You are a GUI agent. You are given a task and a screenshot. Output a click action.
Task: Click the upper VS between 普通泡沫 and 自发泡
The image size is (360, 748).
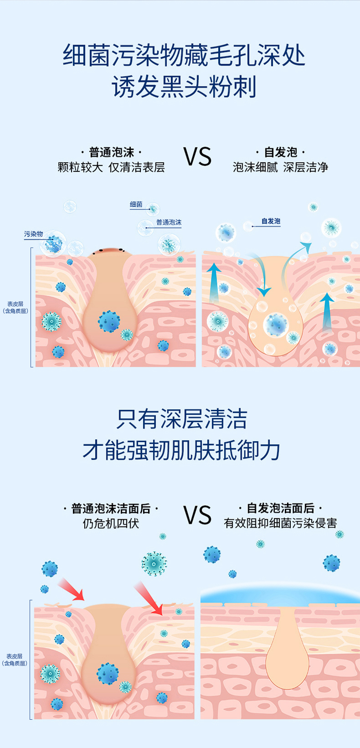197,157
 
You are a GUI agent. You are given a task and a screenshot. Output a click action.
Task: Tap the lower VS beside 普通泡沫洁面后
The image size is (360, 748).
197,515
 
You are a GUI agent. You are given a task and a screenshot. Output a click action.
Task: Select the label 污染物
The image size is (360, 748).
33,234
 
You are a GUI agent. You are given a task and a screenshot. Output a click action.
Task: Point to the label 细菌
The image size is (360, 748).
136,204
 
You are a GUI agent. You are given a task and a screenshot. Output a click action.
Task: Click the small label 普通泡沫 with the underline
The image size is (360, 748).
169,222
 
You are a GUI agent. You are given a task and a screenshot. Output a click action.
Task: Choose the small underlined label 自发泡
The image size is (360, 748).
271,221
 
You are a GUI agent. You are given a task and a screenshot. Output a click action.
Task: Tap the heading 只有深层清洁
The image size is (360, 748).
182,419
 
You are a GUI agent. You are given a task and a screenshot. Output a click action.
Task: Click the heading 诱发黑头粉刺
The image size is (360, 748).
184,87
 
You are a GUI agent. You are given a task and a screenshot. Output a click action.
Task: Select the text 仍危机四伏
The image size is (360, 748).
111,523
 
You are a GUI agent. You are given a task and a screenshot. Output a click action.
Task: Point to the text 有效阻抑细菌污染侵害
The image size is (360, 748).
281,523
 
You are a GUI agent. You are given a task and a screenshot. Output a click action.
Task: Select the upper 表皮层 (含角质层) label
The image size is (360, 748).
15,307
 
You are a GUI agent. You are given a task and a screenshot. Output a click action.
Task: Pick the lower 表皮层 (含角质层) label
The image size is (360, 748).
15,660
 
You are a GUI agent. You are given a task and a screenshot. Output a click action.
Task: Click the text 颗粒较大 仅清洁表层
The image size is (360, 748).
111,167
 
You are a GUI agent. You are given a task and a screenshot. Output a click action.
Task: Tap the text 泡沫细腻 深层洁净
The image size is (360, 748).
281,167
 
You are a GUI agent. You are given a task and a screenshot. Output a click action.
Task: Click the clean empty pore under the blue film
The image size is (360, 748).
287,648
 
